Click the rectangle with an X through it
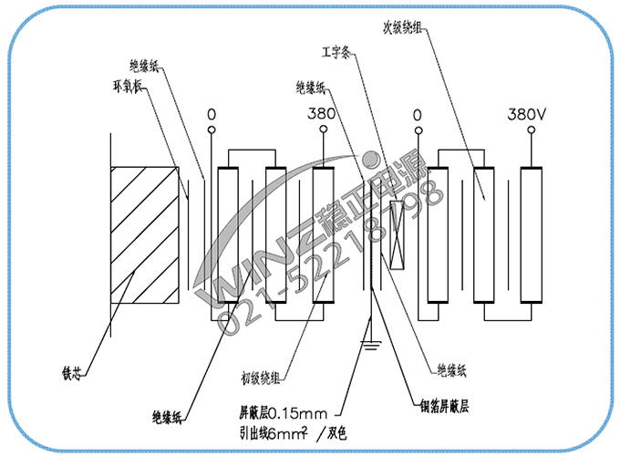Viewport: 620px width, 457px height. click(396, 235)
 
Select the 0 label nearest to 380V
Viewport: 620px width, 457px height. click(418, 116)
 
